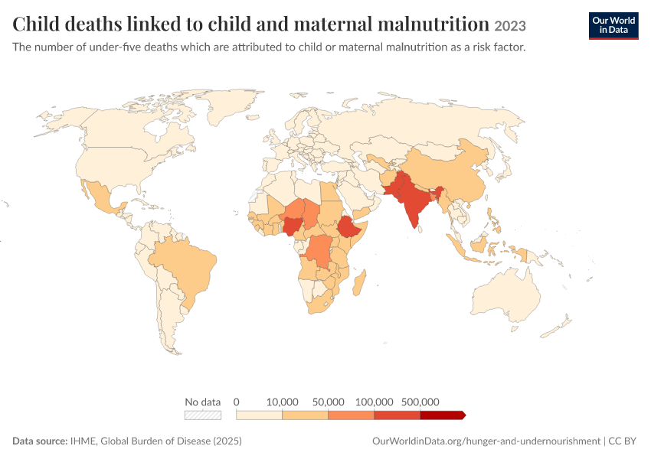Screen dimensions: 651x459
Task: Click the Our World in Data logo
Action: point(613,26)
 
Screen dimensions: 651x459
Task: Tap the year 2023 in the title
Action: point(510,26)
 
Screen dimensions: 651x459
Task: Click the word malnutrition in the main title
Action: point(433,24)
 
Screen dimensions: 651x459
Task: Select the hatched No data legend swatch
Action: point(203,415)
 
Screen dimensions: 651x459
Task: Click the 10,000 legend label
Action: point(283,402)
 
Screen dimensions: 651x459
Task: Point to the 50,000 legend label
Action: point(328,402)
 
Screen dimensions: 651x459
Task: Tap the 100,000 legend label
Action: point(374,402)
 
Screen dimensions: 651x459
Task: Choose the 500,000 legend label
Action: point(420,402)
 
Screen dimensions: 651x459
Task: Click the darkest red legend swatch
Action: point(443,415)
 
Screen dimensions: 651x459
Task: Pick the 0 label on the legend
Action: point(236,402)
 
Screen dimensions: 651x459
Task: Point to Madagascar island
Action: point(359,283)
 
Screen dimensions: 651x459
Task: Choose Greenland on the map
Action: point(226,105)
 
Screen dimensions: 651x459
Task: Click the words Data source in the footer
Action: point(40,441)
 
